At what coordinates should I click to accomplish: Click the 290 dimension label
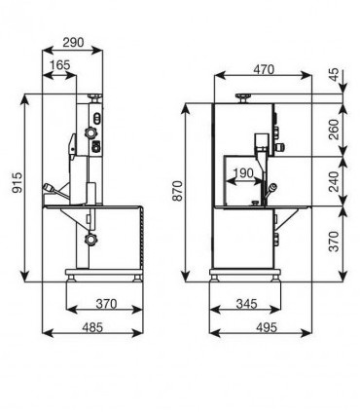[73, 42]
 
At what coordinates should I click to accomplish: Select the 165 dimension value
[60, 65]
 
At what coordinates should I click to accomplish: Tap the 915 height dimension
[18, 183]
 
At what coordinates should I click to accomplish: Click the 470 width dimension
[264, 69]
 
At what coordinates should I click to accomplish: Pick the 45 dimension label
[334, 74]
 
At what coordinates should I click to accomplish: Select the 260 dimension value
[334, 130]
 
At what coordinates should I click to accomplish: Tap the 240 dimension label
[334, 181]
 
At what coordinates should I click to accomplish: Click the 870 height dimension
[178, 191]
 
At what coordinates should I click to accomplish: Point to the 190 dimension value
[243, 173]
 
